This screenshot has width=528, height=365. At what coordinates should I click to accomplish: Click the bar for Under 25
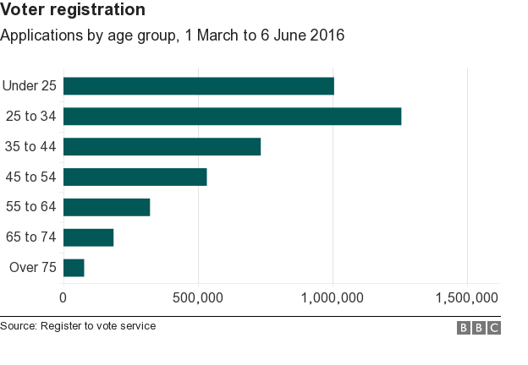(199, 86)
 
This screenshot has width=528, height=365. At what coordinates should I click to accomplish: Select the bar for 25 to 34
(232, 117)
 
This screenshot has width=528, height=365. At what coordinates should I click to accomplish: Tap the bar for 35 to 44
(162, 146)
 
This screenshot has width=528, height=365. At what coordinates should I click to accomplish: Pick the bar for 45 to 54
(135, 177)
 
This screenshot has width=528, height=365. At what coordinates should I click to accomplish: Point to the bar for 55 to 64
(107, 207)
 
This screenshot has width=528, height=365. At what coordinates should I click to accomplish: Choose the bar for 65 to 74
(88, 237)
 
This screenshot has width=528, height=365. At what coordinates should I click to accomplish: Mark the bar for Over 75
(74, 268)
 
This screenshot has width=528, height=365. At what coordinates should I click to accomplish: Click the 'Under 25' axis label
(30, 85)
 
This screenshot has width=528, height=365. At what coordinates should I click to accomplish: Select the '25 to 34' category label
(30, 117)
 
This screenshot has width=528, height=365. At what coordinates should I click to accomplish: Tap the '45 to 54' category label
(30, 177)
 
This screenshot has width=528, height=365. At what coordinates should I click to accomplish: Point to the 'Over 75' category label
(32, 268)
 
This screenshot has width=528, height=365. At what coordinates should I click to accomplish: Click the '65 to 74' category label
(30, 237)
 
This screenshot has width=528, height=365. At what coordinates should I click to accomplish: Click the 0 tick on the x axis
(63, 297)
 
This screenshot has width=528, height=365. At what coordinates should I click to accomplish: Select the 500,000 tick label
(198, 297)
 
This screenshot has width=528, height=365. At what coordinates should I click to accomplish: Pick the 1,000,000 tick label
(333, 297)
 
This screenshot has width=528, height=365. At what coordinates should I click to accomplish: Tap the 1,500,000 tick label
(467, 297)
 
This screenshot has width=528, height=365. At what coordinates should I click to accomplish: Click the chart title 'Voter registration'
(73, 11)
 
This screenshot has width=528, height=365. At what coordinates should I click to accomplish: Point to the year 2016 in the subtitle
(327, 36)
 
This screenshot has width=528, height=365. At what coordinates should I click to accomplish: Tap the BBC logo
(479, 328)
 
